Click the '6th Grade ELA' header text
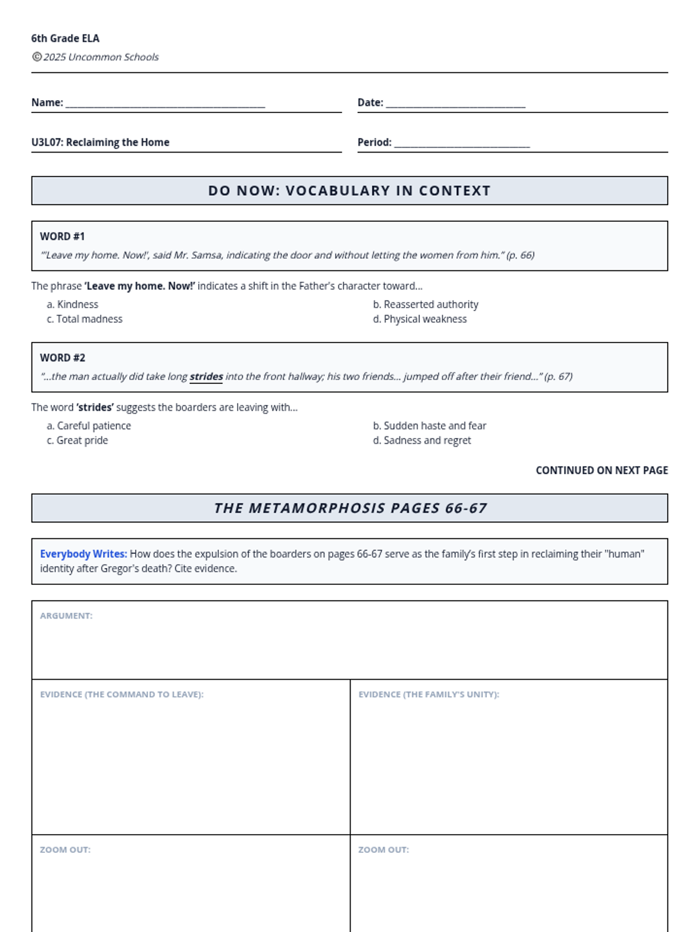coord(65,38)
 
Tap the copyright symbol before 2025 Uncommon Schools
coord(37,57)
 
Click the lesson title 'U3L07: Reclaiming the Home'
coord(100,142)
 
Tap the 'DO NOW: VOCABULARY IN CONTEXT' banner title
coord(349,190)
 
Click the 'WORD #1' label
coord(62,236)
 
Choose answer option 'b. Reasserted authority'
coord(425,304)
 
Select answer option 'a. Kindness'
coord(72,304)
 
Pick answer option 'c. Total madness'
coord(84,319)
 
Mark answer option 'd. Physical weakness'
coord(419,319)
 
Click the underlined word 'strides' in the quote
coord(206,376)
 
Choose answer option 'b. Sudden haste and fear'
coord(429,426)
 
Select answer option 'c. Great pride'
coord(77,440)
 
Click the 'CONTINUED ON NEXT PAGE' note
coord(602,470)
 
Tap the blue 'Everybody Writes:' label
coord(83,554)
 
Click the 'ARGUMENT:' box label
coord(66,616)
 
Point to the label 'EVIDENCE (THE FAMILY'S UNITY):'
coord(429,694)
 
